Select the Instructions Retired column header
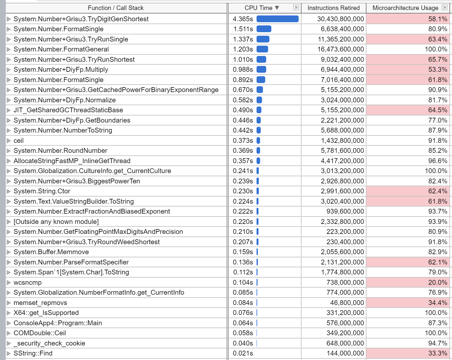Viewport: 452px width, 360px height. pos(333,8)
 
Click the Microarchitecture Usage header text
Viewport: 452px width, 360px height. pos(405,8)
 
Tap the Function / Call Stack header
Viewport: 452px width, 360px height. pos(116,8)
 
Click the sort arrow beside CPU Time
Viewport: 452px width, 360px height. pos(277,8)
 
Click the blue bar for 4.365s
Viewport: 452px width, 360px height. pos(277,19)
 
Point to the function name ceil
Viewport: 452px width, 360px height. pos(19,141)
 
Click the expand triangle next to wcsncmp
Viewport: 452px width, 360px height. pos(9,283)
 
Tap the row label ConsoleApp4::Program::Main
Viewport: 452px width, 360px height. pos(58,323)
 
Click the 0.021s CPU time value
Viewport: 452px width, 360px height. pos(243,353)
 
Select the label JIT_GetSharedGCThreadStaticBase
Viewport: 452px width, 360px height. pos(68,110)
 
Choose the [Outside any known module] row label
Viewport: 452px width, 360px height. pos(56,222)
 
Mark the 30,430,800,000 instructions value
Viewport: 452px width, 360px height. pos(340,19)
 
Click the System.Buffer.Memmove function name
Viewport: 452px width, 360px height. pos(51,252)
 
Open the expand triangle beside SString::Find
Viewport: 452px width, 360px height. pos(9,354)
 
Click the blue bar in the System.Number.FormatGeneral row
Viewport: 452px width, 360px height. pos(262,49)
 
